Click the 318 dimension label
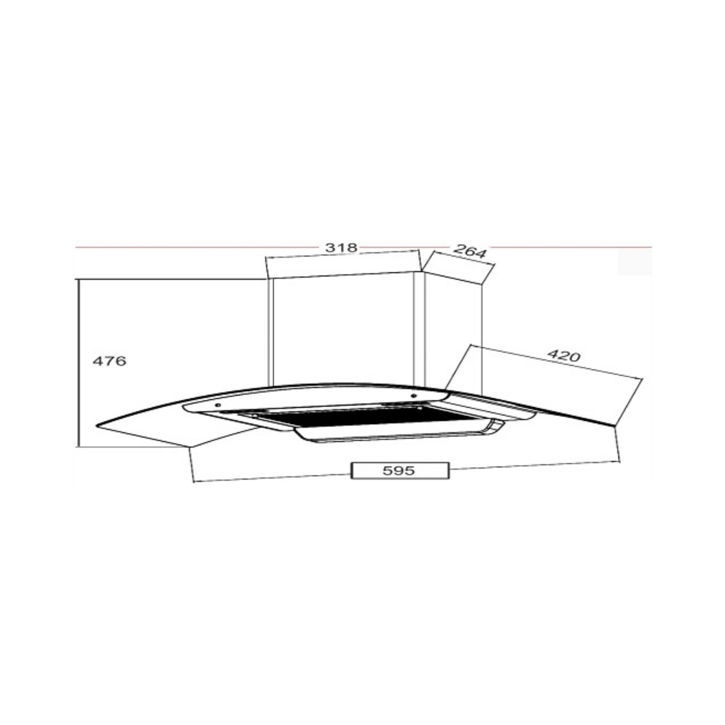point(341,248)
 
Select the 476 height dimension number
point(110,361)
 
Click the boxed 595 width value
point(400,471)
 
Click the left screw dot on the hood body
point(217,405)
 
